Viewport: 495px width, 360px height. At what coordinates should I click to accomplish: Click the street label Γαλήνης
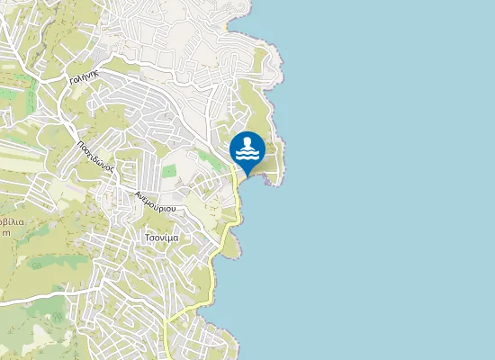(83, 78)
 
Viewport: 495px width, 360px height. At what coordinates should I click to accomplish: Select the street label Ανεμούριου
(153, 202)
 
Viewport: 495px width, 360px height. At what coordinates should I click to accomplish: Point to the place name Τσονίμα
(161, 237)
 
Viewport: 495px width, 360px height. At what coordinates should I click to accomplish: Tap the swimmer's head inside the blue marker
(247, 141)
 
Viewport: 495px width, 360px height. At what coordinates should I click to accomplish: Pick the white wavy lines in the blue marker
(247, 154)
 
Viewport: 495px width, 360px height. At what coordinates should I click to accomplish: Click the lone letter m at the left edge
(5, 232)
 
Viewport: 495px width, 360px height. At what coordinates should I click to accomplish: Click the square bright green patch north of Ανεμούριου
(169, 170)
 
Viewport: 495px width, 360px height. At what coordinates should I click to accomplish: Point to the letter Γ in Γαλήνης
(71, 82)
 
